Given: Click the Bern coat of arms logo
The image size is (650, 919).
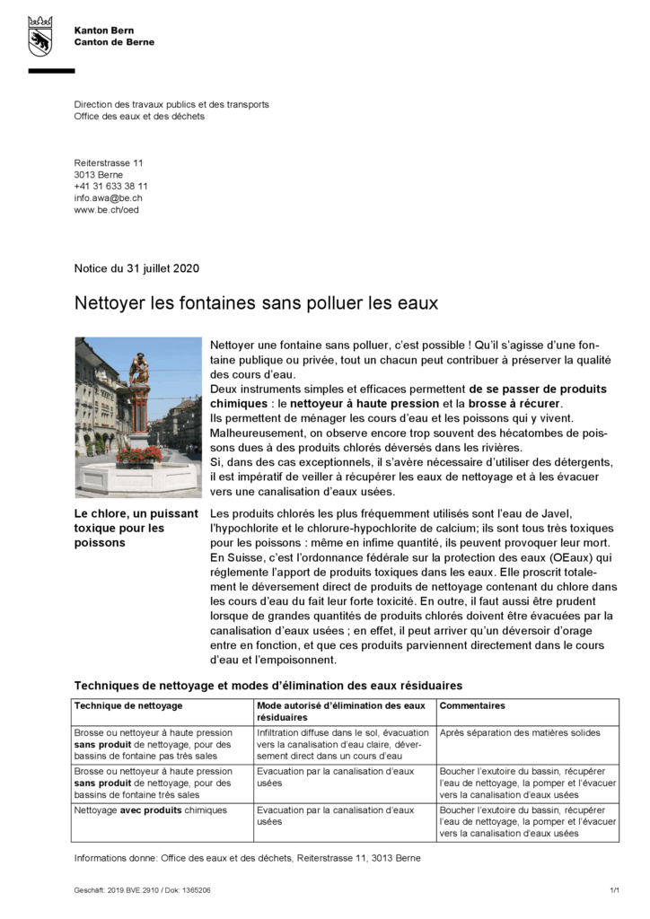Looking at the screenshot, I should (40, 35).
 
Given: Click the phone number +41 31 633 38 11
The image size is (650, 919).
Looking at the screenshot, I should (110, 186).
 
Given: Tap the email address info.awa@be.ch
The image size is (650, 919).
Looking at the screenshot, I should (108, 197).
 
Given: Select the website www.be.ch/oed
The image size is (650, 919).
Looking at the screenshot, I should (106, 209).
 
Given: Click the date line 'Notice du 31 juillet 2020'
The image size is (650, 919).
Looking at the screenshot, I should (136, 268).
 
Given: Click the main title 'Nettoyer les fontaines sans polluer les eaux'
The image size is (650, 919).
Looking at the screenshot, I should (256, 303).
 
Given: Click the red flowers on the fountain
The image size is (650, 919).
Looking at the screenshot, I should (139, 455).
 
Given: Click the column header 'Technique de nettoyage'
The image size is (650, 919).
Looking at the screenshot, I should (116, 705).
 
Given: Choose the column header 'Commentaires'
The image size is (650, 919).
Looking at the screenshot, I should (472, 705).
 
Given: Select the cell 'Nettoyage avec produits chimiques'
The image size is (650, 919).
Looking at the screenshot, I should (151, 810).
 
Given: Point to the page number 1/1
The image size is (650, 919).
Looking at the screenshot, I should (614, 890).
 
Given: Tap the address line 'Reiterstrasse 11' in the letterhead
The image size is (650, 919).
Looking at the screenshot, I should (109, 162).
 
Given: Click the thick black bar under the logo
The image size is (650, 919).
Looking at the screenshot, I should (51, 70).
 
